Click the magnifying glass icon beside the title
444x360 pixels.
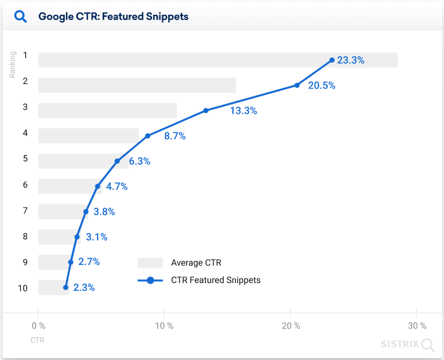(x=21, y=16)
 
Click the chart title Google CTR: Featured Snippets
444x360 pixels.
(x=113, y=16)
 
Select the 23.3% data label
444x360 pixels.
(x=350, y=60)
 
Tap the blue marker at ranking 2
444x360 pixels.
(x=297, y=85)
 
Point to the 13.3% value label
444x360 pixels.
(x=243, y=111)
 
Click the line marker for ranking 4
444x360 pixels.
(x=148, y=136)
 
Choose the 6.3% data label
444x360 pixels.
(x=139, y=161)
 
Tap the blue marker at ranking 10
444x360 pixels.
(x=66, y=287)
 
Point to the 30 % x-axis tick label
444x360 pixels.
(x=418, y=326)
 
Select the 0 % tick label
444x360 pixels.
(x=38, y=326)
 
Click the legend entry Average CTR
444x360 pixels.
(x=196, y=262)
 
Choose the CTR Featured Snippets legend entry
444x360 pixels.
(x=215, y=280)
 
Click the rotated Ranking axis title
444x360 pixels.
(x=12, y=65)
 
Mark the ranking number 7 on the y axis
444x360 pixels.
(x=25, y=211)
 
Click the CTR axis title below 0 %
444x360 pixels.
(x=37, y=339)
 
